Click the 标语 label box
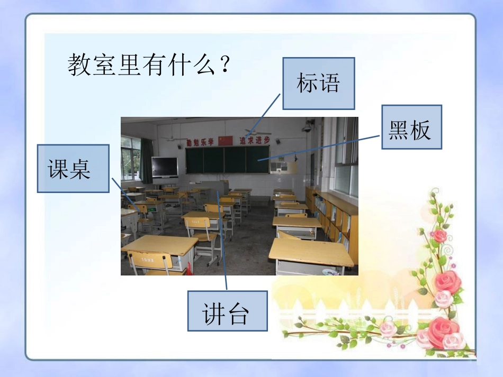point(318,84)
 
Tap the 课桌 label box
point(73,168)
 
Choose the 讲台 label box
point(227,310)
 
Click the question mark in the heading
point(226,66)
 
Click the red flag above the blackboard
point(226,141)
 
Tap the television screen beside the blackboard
point(165,167)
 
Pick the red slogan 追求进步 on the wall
point(254,140)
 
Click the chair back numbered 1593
point(148,261)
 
